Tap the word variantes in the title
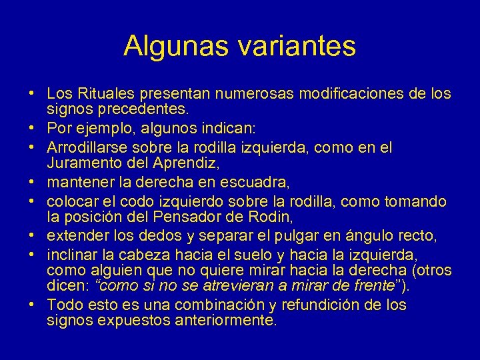tap(295, 45)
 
